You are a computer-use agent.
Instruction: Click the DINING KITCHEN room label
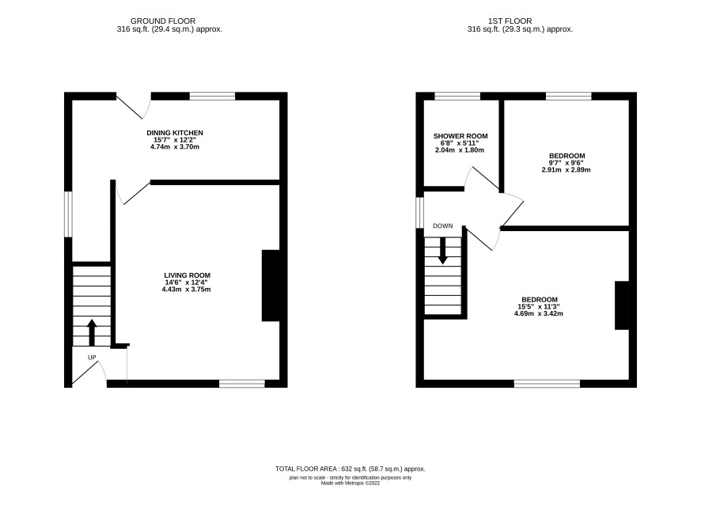175,133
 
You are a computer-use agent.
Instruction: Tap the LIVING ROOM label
187,275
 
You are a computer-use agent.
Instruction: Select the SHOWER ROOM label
460,136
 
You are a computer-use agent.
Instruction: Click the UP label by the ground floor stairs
92,358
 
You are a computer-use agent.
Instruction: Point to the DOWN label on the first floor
442,226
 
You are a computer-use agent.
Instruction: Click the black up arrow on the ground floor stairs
92,332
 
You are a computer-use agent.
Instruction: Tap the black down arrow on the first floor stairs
442,250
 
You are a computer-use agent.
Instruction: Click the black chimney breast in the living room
271,286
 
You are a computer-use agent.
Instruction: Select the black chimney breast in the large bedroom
622,305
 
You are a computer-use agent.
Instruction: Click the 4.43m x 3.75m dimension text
187,290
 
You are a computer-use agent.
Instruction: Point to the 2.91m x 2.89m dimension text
566,170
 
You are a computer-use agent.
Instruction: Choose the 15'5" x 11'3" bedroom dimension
539,307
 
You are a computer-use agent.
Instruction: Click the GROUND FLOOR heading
163,21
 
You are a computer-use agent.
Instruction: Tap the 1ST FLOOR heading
510,21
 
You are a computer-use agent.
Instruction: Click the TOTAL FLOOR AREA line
350,469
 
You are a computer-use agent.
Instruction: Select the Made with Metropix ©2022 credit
350,483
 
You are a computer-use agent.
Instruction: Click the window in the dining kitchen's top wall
212,97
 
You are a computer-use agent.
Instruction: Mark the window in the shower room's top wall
457,97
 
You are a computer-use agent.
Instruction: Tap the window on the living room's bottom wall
242,384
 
